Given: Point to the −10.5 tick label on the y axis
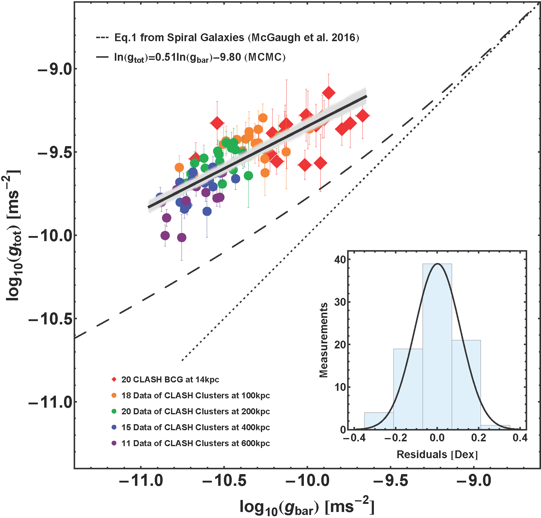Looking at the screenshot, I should [50, 319].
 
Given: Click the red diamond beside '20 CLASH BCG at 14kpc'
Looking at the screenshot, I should [114, 379].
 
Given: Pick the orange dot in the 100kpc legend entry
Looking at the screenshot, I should [114, 395].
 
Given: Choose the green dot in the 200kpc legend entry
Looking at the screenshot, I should [114, 411].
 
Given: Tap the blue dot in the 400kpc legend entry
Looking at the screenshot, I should [114, 427].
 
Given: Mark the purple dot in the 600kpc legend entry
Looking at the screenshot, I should [114, 443].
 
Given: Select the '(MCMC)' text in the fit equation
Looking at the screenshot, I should [265, 57].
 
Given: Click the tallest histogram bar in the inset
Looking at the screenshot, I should [437, 346].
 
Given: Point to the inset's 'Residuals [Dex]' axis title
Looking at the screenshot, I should [437, 454].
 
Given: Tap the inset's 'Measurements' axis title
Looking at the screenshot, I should [323, 340].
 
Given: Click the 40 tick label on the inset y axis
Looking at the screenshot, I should [340, 259].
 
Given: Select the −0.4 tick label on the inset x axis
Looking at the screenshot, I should [354, 438].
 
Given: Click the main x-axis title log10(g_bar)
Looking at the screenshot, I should [307, 507].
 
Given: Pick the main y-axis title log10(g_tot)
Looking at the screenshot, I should [14, 234].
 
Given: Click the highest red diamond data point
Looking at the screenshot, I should [329, 93].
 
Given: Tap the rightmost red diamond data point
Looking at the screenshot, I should [362, 115].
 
